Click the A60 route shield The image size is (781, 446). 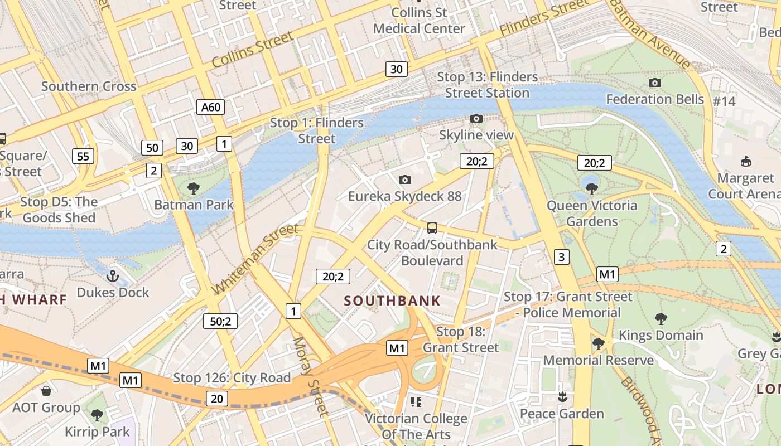210,107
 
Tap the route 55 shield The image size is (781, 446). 83,156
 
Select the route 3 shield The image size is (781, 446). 562,257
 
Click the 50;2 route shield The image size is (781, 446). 220,321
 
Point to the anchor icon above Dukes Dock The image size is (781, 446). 113,276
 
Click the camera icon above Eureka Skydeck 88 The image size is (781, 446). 405,180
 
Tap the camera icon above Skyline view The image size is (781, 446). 476,118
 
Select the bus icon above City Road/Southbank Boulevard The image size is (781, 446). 432,227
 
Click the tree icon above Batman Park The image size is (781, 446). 194,188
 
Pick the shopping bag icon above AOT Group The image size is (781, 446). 46,391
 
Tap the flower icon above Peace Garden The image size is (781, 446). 562,397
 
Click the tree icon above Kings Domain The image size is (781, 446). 661,319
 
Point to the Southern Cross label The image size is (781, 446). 89,86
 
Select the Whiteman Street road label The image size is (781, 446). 256,259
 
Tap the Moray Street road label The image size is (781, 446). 308,376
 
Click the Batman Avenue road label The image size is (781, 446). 650,33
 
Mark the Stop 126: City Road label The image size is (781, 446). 232,377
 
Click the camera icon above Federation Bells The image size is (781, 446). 655,83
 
